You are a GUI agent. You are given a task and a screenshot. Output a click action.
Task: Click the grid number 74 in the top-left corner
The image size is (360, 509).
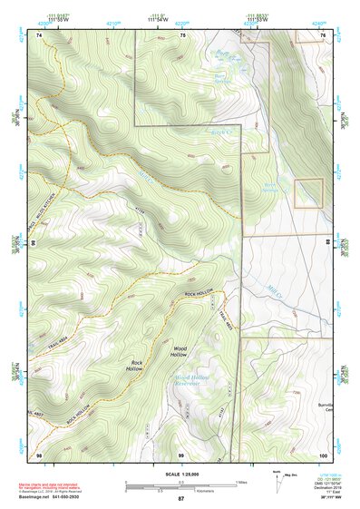tap(39, 35)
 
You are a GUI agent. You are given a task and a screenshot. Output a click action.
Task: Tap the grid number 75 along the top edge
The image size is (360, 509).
tap(183, 35)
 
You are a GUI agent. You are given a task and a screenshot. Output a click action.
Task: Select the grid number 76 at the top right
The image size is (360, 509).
tap(324, 35)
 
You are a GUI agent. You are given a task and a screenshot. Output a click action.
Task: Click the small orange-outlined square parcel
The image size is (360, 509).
tap(309, 192)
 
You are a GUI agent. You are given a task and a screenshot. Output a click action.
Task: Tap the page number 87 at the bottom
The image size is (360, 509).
tap(180, 500)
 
